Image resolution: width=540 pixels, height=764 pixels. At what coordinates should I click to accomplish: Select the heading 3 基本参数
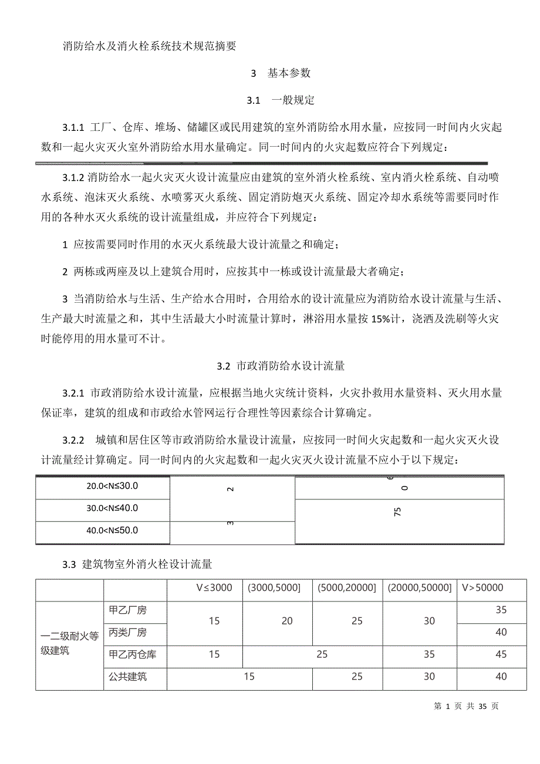[x=281, y=73]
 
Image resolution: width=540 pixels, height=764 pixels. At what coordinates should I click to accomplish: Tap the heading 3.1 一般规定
[x=281, y=100]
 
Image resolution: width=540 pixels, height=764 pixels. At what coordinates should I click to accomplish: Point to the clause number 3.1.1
[x=74, y=128]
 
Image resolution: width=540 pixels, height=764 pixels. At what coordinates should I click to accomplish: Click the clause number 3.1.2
[x=74, y=177]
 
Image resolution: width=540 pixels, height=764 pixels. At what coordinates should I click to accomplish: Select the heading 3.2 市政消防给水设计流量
[x=281, y=366]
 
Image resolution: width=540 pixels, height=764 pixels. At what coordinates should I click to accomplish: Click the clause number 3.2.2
[x=74, y=440]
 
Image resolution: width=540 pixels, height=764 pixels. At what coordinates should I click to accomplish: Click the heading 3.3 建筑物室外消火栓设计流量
[x=137, y=564]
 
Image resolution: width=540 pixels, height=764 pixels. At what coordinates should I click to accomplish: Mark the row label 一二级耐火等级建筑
[x=69, y=643]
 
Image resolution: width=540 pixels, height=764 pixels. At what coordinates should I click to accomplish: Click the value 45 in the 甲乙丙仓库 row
[x=501, y=654]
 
